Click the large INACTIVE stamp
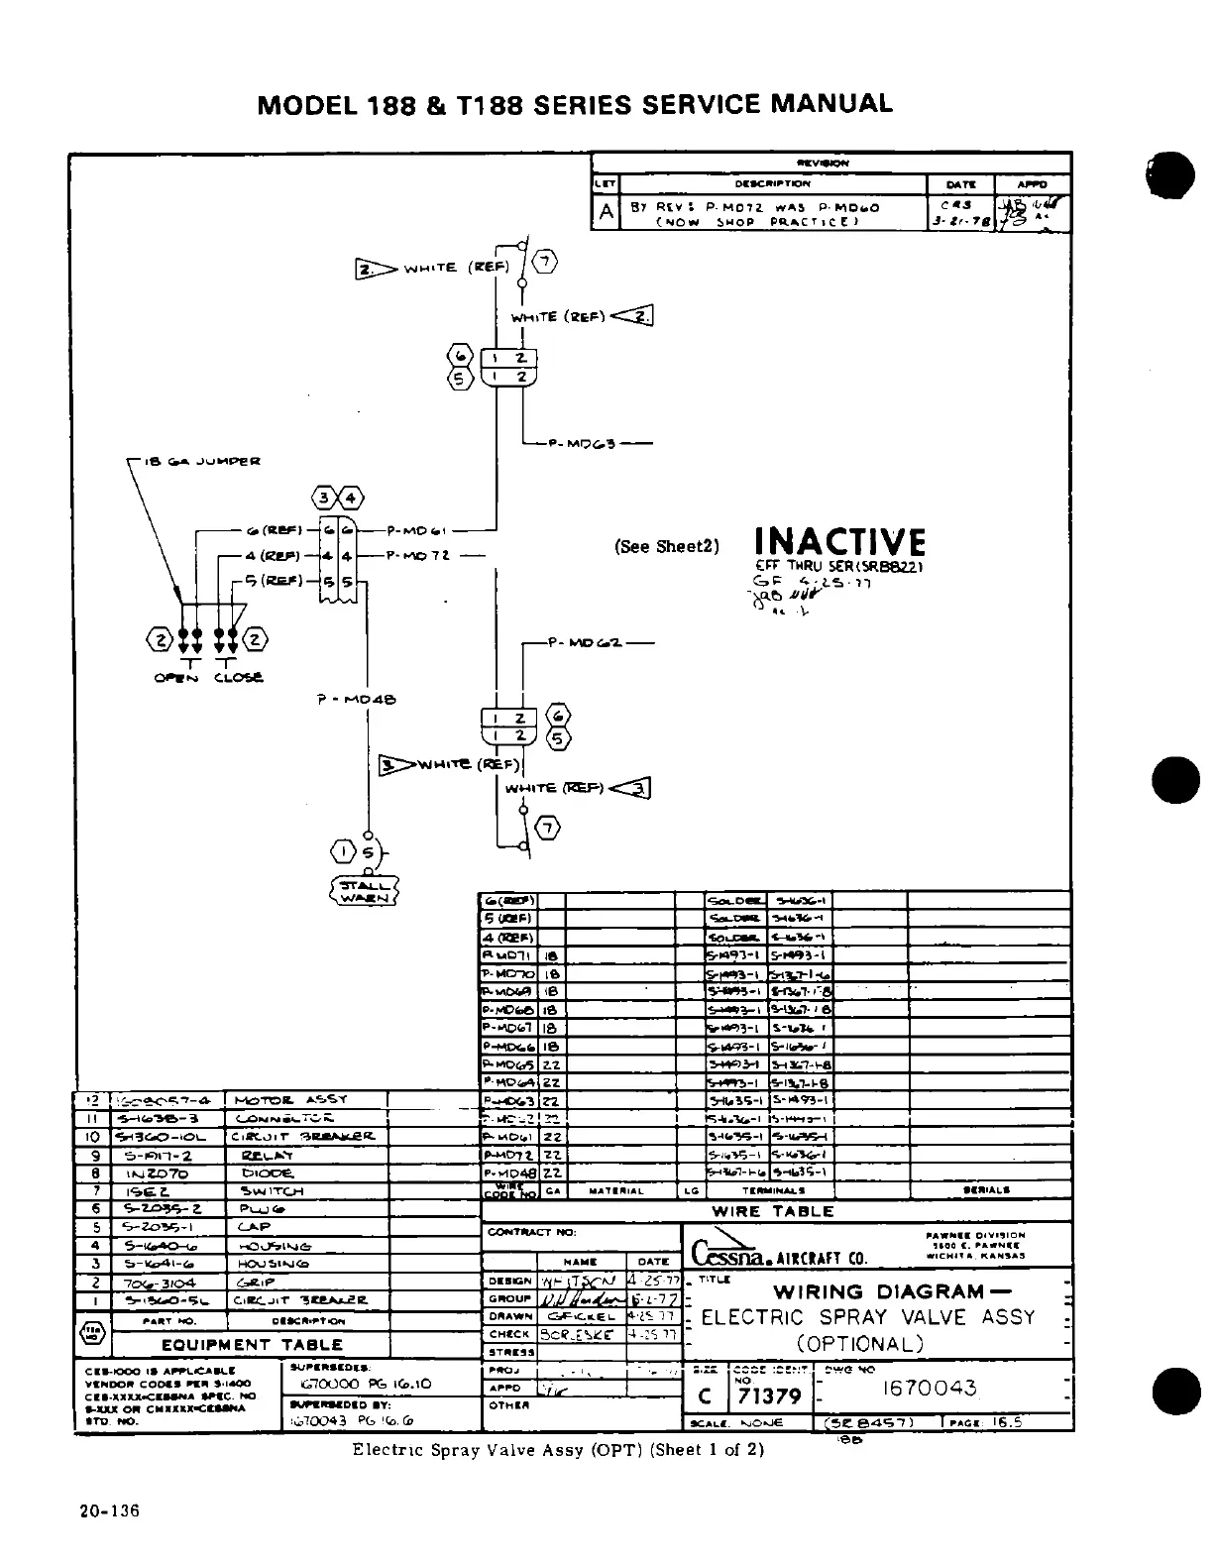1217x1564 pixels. click(839, 542)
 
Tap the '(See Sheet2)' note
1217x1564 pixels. click(666, 546)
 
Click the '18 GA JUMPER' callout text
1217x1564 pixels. click(202, 461)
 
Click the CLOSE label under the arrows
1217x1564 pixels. click(238, 678)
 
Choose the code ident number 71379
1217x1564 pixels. click(769, 1396)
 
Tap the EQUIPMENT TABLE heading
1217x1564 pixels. click(252, 1345)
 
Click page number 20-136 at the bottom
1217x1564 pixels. click(110, 1511)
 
